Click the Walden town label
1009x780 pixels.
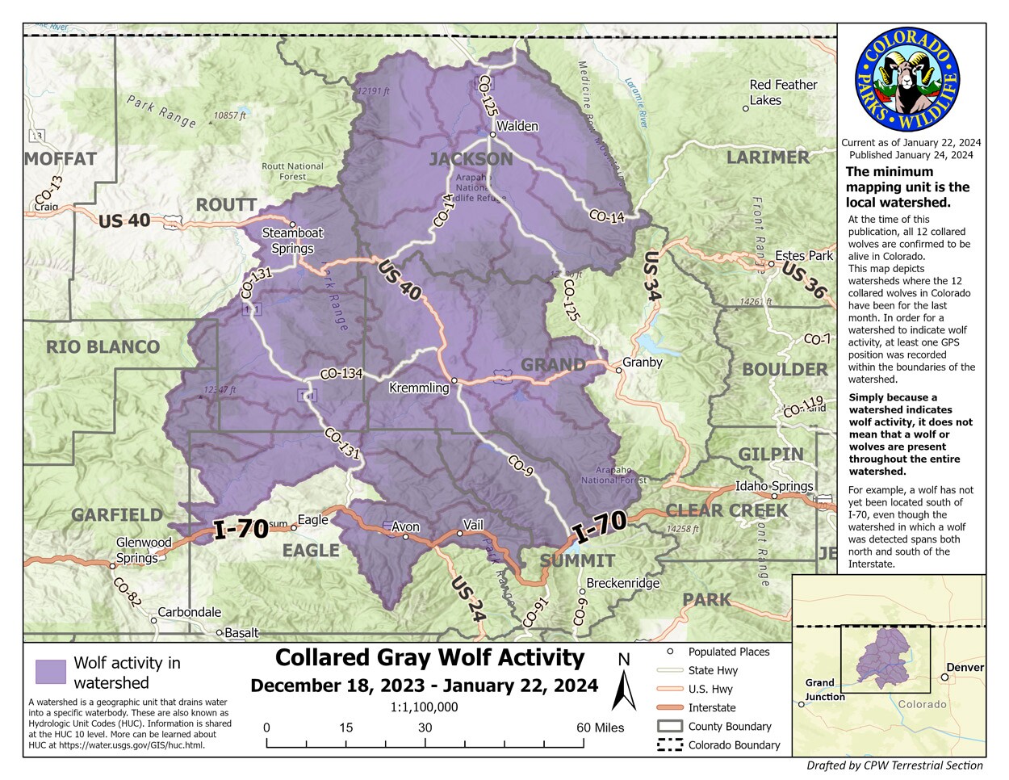[x=517, y=127]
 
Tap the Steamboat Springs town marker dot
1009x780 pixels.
[x=293, y=224]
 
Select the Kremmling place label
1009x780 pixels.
[x=419, y=388]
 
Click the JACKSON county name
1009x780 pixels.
[x=471, y=159]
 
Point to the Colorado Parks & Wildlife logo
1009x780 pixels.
[x=906, y=81]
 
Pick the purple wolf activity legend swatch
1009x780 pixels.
[x=51, y=672]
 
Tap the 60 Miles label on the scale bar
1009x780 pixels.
[x=600, y=728]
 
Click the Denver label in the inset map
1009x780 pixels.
[x=965, y=668]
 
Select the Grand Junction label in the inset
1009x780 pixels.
[x=824, y=690]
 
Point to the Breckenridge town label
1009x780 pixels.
[x=622, y=583]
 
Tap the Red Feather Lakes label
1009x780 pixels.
[x=782, y=92]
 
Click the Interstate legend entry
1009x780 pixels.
[x=711, y=707]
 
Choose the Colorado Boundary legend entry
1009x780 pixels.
[x=734, y=745]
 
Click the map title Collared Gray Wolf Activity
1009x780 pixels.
[x=429, y=658]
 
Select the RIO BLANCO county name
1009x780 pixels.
[x=103, y=348]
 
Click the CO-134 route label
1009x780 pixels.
[x=341, y=374]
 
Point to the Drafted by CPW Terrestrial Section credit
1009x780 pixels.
[x=894, y=765]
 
